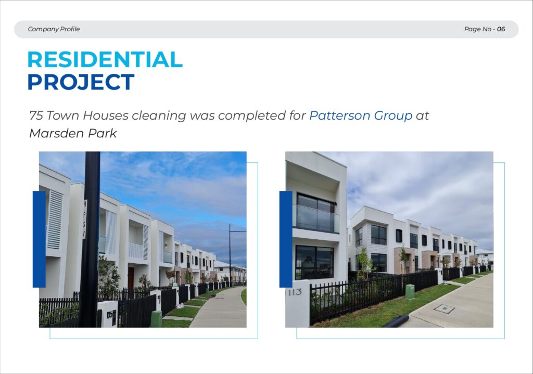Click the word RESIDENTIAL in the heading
pos(105,59)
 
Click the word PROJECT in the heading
pos(81,82)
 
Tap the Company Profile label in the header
pos(54,29)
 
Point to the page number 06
pos(501,29)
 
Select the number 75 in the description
pos(36,115)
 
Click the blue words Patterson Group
pos(361,115)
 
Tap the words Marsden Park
pos(73,133)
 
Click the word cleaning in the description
pos(159,116)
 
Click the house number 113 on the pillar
pos(295,292)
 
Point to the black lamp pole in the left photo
pos(90,239)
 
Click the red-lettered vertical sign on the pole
pos(85,219)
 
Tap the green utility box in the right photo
pos(410,292)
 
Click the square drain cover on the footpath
pos(445,309)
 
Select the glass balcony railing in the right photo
pos(316,218)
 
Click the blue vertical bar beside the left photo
pos(39,239)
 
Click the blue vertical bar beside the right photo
pos(286,239)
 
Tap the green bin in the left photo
pos(156,319)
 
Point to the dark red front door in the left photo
pos(131,278)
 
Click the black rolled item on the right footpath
pos(396,321)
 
